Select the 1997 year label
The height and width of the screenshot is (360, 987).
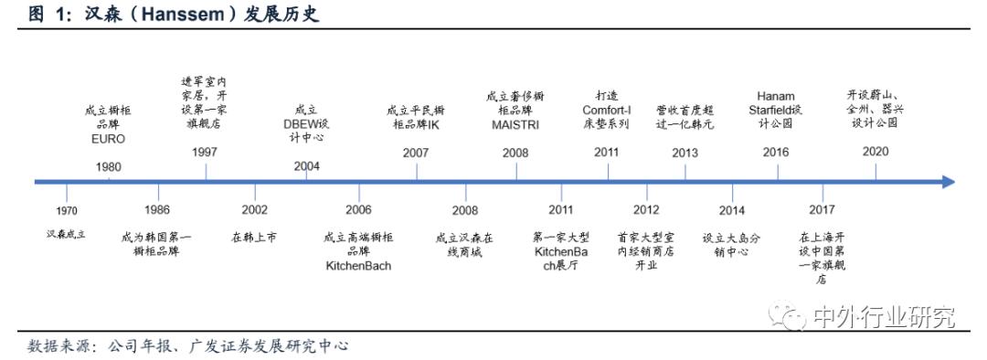(x=206, y=152)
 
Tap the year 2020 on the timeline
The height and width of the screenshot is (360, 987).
(x=875, y=152)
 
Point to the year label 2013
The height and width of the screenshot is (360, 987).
(x=684, y=152)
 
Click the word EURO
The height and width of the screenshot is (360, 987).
(x=108, y=140)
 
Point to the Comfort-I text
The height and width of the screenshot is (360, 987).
(x=607, y=109)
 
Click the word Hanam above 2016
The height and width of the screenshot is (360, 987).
(x=776, y=95)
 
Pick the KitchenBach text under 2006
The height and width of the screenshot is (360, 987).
(x=358, y=266)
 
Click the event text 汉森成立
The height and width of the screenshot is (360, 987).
(x=66, y=235)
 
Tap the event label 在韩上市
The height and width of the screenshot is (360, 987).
(x=255, y=238)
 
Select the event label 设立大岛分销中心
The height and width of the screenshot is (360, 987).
(x=731, y=244)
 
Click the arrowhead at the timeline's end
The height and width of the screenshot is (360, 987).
(x=947, y=182)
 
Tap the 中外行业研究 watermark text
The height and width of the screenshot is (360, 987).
(x=883, y=317)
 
